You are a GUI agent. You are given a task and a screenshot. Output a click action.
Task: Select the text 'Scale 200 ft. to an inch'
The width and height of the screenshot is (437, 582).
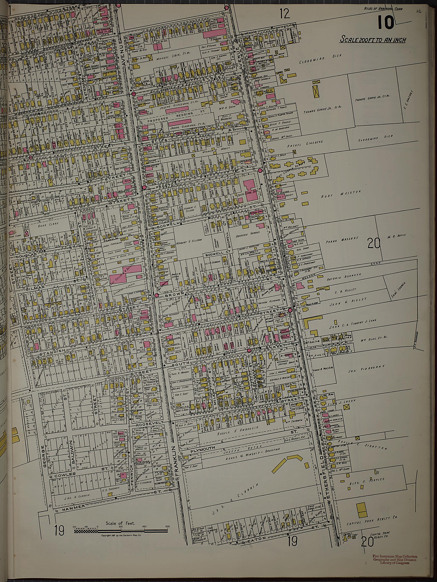373,40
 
